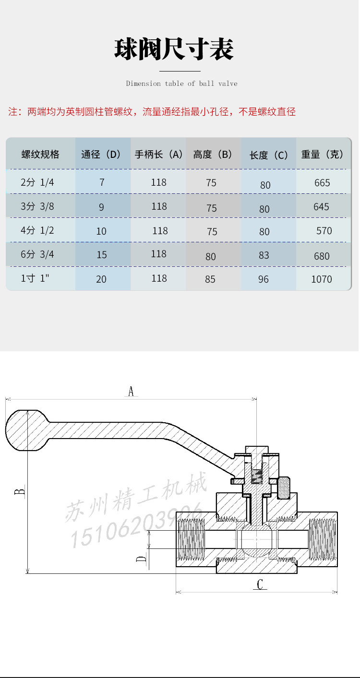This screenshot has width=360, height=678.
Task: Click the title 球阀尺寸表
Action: pos(174,49)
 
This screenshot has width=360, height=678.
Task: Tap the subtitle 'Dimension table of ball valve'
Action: pos(181,83)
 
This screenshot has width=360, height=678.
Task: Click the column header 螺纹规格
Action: pos(40,154)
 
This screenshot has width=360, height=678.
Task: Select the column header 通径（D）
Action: pos(101,154)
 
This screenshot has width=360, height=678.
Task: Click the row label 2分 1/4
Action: pos(37,182)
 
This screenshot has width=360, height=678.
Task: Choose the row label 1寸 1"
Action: pos(36,278)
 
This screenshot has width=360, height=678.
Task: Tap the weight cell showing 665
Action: pos(322,183)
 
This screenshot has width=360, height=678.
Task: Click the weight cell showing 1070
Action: pos(321,279)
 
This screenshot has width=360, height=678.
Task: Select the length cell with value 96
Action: pos(264,279)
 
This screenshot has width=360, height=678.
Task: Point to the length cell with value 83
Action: pos(264,255)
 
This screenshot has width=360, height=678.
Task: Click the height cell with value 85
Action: pos(210,279)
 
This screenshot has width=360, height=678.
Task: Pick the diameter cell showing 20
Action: pos(101,279)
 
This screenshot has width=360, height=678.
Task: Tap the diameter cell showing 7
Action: pos(102,183)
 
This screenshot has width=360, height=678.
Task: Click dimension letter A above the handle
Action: pos(131,391)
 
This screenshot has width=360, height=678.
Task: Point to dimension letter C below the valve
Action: pos(260,584)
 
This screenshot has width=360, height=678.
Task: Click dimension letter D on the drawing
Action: pos(142,559)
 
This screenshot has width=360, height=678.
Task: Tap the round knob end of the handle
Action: pos(26,430)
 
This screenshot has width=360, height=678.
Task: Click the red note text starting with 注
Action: pos(152,112)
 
